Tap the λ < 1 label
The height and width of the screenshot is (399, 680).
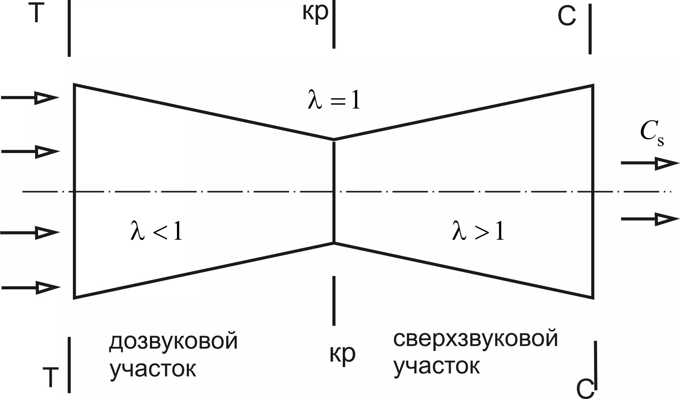pos(157,232)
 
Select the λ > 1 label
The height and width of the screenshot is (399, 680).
pos(478,232)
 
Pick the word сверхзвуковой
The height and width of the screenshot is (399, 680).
pos(475,339)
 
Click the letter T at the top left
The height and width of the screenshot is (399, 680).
pos(36,14)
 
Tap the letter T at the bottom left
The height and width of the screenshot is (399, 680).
pos(51,377)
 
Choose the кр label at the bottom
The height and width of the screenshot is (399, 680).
pos(342,354)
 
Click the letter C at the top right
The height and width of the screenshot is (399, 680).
pos(566,17)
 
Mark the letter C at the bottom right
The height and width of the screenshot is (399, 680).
pos(585,389)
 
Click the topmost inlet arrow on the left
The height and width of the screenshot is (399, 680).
pos(30,98)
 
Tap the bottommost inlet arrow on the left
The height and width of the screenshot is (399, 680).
pos(30,287)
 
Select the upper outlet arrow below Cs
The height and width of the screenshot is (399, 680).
pos(650,163)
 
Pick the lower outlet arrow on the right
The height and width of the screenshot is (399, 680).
pos(650,219)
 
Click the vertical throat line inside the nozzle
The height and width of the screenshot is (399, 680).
pos(334,167)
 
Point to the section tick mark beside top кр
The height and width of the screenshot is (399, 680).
pos(334,24)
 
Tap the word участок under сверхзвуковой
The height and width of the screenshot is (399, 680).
pos(436,366)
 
